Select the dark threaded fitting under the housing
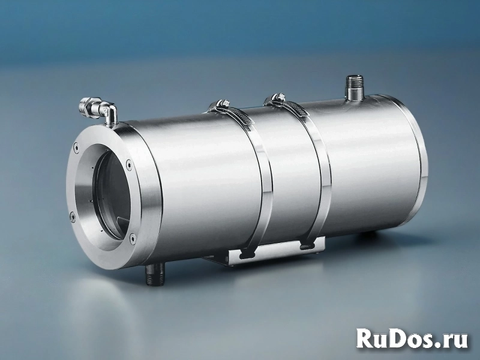155,274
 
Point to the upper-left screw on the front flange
76,147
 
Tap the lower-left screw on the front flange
72,217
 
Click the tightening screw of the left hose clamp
222,103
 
